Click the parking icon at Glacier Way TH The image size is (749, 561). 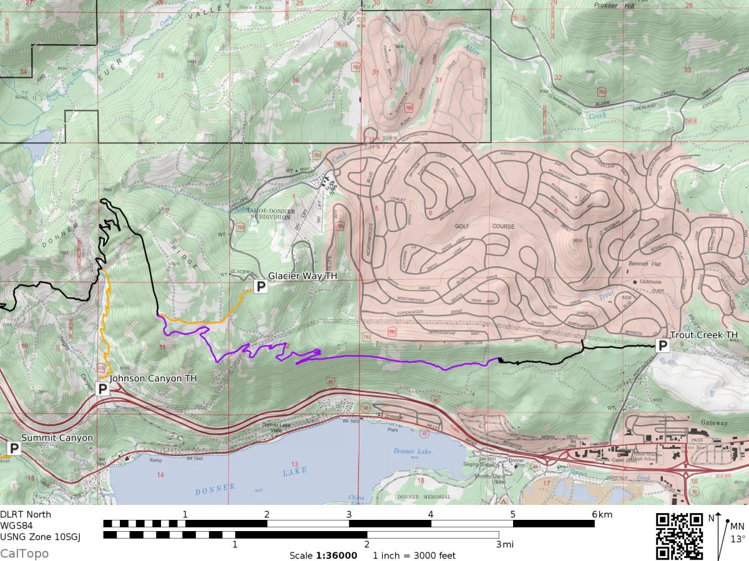260,287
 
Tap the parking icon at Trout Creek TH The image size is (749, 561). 662,345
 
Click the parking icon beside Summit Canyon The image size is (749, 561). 14,448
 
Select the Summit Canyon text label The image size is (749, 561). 57,438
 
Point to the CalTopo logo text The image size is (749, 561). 24,554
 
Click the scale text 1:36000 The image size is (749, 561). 336,555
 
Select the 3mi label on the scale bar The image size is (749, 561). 503,544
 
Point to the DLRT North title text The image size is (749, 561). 26,514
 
